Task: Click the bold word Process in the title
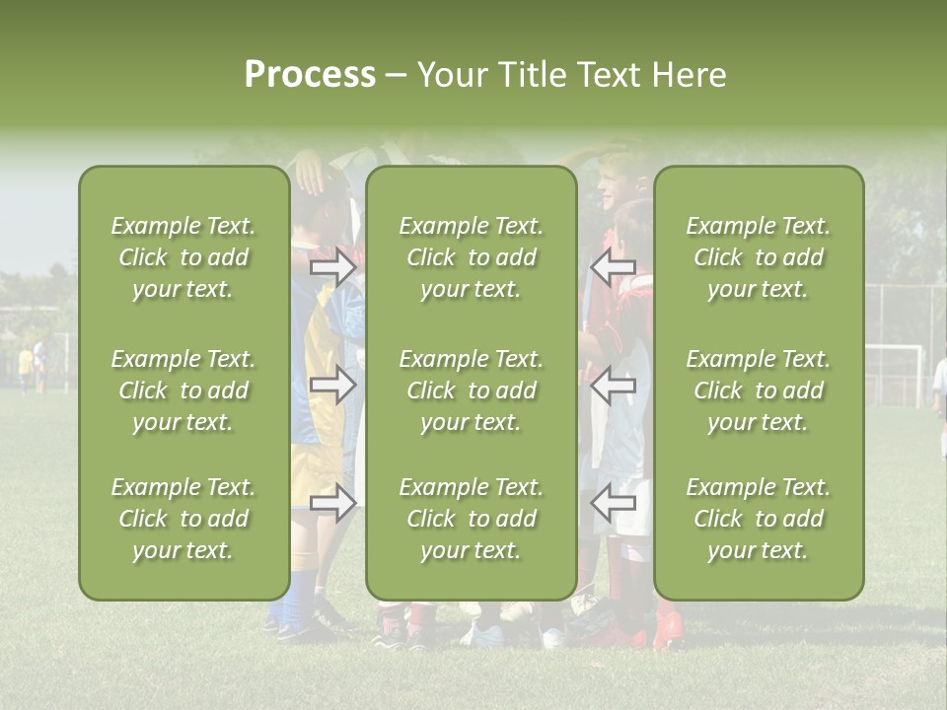click(x=310, y=74)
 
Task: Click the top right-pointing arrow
click(x=333, y=268)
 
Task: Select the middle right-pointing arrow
click(x=333, y=386)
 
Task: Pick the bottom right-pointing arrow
click(x=333, y=503)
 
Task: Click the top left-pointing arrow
click(x=613, y=268)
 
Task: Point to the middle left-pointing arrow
click(x=613, y=386)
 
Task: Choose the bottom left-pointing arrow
click(x=613, y=503)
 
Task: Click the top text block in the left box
click(x=183, y=257)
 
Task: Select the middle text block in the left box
click(x=183, y=390)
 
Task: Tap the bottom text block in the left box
click(x=183, y=519)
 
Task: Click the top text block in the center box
click(x=471, y=257)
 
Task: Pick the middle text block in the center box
click(x=471, y=390)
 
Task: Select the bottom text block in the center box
click(x=471, y=519)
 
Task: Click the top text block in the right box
click(x=758, y=257)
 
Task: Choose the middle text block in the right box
click(x=758, y=390)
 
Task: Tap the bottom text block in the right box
click(x=758, y=519)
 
